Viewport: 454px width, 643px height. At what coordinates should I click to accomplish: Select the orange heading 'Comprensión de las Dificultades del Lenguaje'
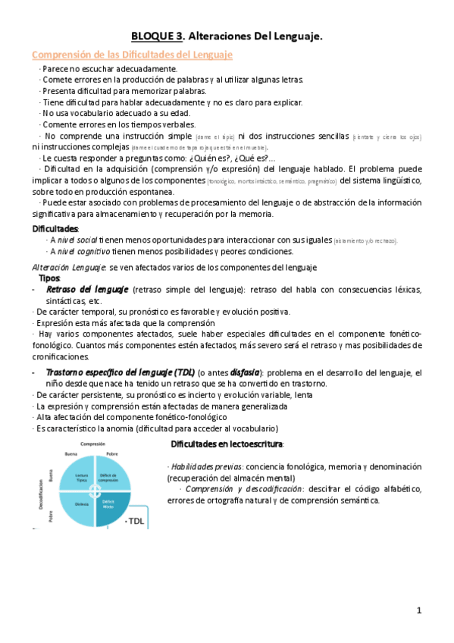(x=132, y=55)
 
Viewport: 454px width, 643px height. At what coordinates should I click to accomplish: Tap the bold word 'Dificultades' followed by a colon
(x=54, y=228)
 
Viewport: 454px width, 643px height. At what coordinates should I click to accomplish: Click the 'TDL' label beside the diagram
(x=135, y=521)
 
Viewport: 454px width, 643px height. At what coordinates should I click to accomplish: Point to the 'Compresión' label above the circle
(x=92, y=444)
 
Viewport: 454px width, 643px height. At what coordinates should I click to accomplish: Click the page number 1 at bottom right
(x=418, y=610)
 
